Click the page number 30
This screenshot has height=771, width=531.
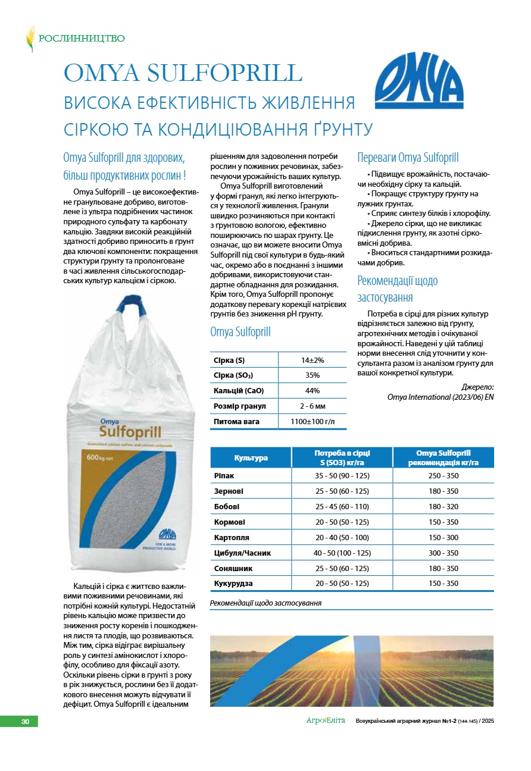point(25,722)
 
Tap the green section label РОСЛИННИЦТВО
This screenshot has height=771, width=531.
point(82,39)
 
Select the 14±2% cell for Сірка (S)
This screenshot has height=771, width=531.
point(312,360)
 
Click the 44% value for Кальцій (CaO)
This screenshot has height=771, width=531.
point(312,391)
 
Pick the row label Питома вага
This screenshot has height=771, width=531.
point(237,422)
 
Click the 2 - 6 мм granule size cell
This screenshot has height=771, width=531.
point(312,406)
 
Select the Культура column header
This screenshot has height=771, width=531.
point(251,457)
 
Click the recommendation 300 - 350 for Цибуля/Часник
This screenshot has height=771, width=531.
point(443,553)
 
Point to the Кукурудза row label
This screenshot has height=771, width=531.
point(233,584)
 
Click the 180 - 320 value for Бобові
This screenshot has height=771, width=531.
point(443,507)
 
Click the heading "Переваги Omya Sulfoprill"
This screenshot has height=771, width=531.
point(408,158)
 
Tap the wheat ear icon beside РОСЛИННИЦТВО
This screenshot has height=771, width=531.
point(30,39)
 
